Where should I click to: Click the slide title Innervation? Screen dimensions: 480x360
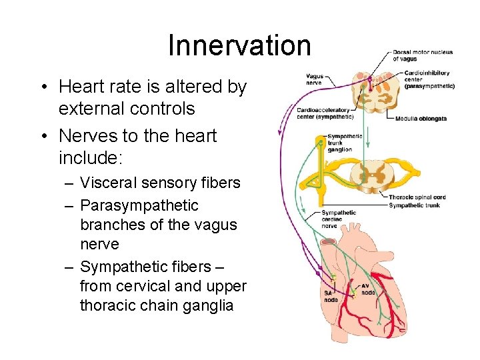(239, 45)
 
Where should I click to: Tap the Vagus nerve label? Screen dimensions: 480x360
(314, 79)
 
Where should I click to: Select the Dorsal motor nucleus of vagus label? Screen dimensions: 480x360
(422, 55)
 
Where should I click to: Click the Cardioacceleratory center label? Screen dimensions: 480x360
(325, 113)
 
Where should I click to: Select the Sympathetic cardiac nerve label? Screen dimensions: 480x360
(338, 219)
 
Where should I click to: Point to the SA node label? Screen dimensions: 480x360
(330, 296)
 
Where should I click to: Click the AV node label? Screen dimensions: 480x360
(368, 289)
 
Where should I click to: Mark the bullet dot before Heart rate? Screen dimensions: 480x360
(42, 87)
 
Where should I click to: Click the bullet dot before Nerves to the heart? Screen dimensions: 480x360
(42, 137)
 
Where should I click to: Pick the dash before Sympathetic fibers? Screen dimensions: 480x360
(69, 267)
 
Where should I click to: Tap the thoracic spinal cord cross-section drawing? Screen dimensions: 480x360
(377, 175)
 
